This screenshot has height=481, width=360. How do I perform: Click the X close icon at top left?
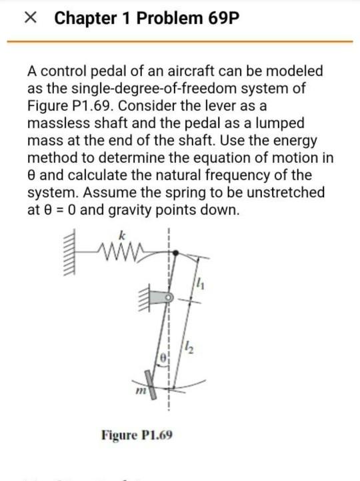coord(29,19)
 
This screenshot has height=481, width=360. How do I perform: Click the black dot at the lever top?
coord(175,253)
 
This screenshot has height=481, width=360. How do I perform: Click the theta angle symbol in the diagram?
coord(163,360)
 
